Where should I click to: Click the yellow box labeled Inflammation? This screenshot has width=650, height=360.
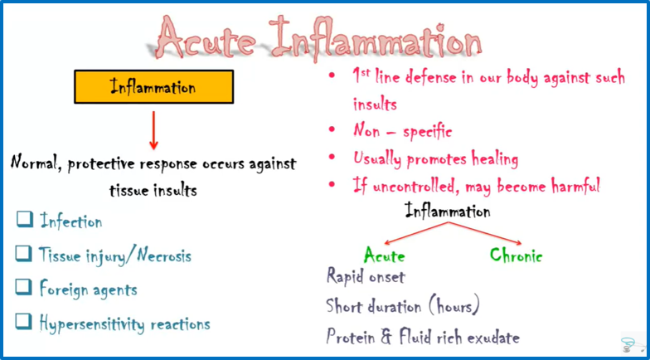point(153,86)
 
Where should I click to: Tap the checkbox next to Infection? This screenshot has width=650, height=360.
point(25,221)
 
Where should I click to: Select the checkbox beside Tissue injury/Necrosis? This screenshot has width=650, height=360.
point(25,255)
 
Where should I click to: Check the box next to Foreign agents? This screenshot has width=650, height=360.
point(25,289)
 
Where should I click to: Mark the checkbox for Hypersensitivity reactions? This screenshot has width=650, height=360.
point(25,323)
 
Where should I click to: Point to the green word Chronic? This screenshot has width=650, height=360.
point(516,255)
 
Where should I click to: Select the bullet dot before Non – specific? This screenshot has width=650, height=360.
point(332,131)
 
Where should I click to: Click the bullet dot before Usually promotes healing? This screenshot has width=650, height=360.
point(332,158)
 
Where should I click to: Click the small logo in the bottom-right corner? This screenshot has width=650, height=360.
point(628,343)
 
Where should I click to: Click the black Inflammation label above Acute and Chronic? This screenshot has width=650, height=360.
point(448,212)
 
